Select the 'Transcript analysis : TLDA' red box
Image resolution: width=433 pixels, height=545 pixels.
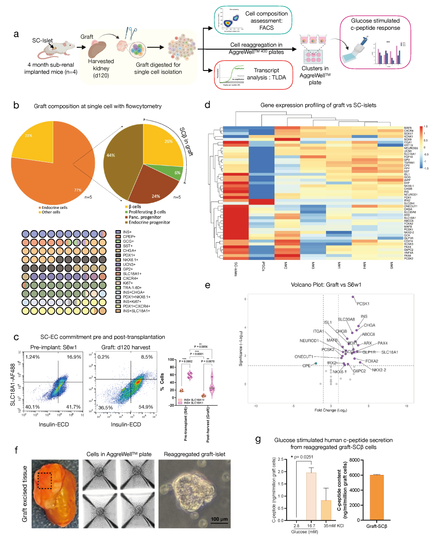click(254, 75)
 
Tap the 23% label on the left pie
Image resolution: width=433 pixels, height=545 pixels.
click(29, 135)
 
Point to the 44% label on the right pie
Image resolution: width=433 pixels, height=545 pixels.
click(111, 155)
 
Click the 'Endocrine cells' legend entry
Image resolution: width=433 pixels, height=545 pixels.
click(54, 208)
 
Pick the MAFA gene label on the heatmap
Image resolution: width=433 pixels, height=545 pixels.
click(408, 128)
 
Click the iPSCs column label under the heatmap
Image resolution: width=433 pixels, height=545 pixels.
click(263, 267)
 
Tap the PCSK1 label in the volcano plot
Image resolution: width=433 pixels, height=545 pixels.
click(363, 304)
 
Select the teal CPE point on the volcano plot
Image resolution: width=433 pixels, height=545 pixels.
click(316, 363)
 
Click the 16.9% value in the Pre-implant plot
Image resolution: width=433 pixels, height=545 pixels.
click(74, 357)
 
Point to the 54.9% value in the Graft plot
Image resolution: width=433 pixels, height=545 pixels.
click(145, 407)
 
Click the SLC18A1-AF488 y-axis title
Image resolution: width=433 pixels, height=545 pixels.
click(13, 384)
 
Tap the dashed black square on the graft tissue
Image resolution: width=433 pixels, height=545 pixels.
click(45, 481)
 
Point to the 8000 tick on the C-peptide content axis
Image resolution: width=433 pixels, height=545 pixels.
click(354, 460)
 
